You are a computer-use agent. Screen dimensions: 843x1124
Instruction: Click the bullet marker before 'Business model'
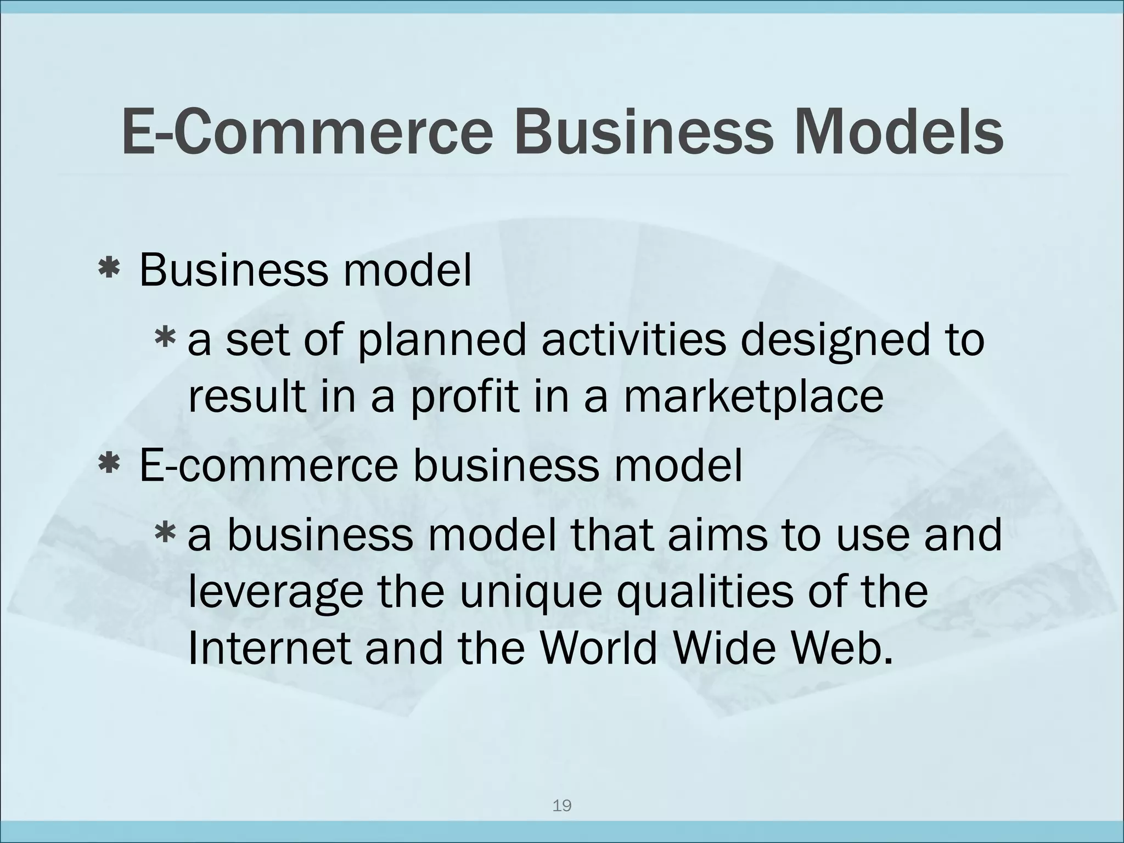coord(109,269)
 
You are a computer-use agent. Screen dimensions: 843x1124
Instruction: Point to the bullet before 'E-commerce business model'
coord(109,464)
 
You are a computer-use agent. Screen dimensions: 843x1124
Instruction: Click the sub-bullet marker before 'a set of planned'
coord(165,339)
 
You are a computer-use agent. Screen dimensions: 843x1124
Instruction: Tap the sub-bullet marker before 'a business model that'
coord(165,533)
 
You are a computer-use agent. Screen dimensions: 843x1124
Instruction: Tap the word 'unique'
coord(530,594)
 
